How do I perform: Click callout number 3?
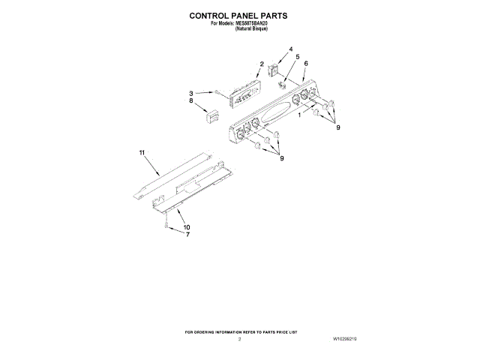point(192,93)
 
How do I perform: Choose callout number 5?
point(297,57)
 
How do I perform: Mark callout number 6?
point(306,64)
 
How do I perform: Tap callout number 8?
point(192,100)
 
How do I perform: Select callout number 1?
point(300,115)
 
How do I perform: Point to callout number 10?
point(187,227)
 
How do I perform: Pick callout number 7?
point(187,235)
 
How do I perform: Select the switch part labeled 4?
point(274,73)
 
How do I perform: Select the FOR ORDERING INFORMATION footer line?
point(241,331)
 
